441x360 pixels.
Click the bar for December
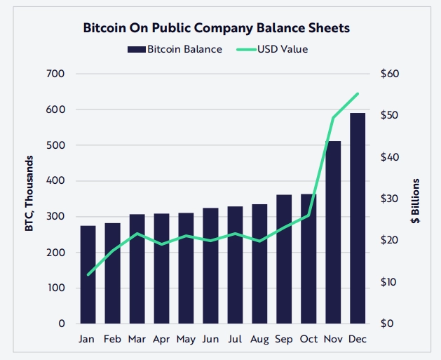click(358, 218)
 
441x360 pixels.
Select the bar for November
click(332, 232)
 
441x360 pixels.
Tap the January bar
click(88, 274)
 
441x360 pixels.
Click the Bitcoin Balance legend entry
click(175, 49)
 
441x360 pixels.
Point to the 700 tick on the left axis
click(55, 74)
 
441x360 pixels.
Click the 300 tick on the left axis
click(55, 217)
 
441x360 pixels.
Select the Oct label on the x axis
click(308, 339)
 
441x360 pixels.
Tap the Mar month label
click(137, 339)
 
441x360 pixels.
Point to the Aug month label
click(259, 339)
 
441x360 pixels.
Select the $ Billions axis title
click(415, 201)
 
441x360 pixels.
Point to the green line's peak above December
click(358, 93)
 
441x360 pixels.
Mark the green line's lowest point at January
click(88, 274)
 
